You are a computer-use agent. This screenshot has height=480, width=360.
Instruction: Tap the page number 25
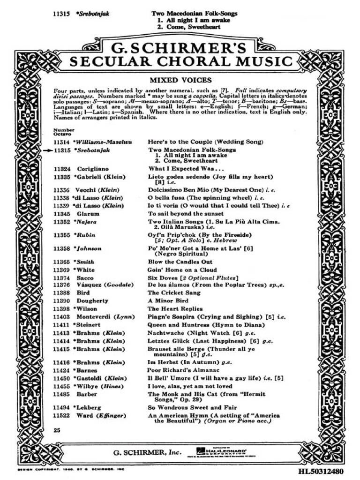[x=57, y=430]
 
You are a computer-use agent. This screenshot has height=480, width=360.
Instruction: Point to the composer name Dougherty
[x=92, y=300]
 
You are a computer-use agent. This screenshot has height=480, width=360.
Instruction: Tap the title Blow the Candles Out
[x=180, y=262]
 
